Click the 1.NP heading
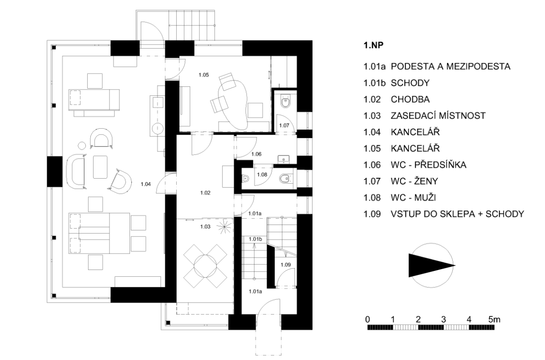click(373, 45)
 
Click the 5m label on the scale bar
click(494, 320)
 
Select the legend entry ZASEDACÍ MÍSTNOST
click(438, 116)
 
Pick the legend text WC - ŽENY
click(414, 181)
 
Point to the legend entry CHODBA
click(410, 100)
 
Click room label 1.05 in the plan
click(203, 75)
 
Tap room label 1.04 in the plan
click(146, 184)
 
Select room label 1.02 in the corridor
click(205, 193)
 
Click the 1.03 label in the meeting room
click(205, 227)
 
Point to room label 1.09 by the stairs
click(286, 265)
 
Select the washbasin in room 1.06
click(283, 159)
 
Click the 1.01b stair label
click(255, 239)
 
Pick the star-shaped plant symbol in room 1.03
click(224, 227)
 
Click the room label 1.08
click(262, 175)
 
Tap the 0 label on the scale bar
click(367, 320)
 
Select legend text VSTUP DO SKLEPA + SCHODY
click(457, 214)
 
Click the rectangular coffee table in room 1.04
click(100, 167)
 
